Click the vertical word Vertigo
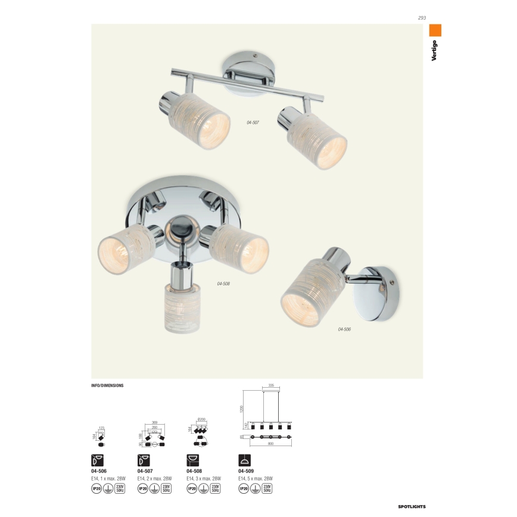(x=435, y=52)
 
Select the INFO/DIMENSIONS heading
(x=107, y=385)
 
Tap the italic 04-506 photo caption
(x=344, y=329)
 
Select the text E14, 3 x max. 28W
(x=204, y=478)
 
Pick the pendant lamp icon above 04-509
(x=244, y=460)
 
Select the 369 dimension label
(x=154, y=422)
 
